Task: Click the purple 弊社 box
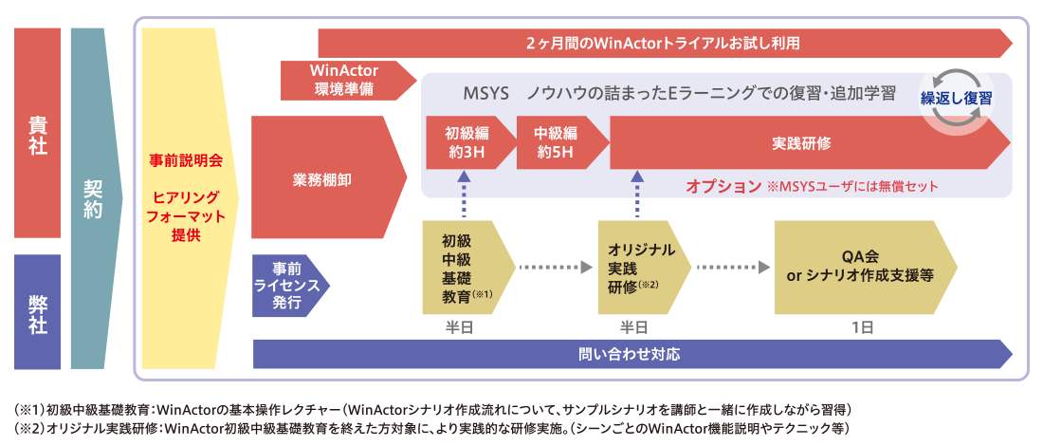(x=38, y=311)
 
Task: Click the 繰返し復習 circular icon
(x=956, y=98)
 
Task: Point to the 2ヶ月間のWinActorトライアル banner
(x=664, y=44)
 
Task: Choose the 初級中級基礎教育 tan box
(x=465, y=269)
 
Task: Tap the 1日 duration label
(x=862, y=326)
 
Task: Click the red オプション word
(x=723, y=186)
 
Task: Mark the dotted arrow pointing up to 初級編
(x=464, y=195)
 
